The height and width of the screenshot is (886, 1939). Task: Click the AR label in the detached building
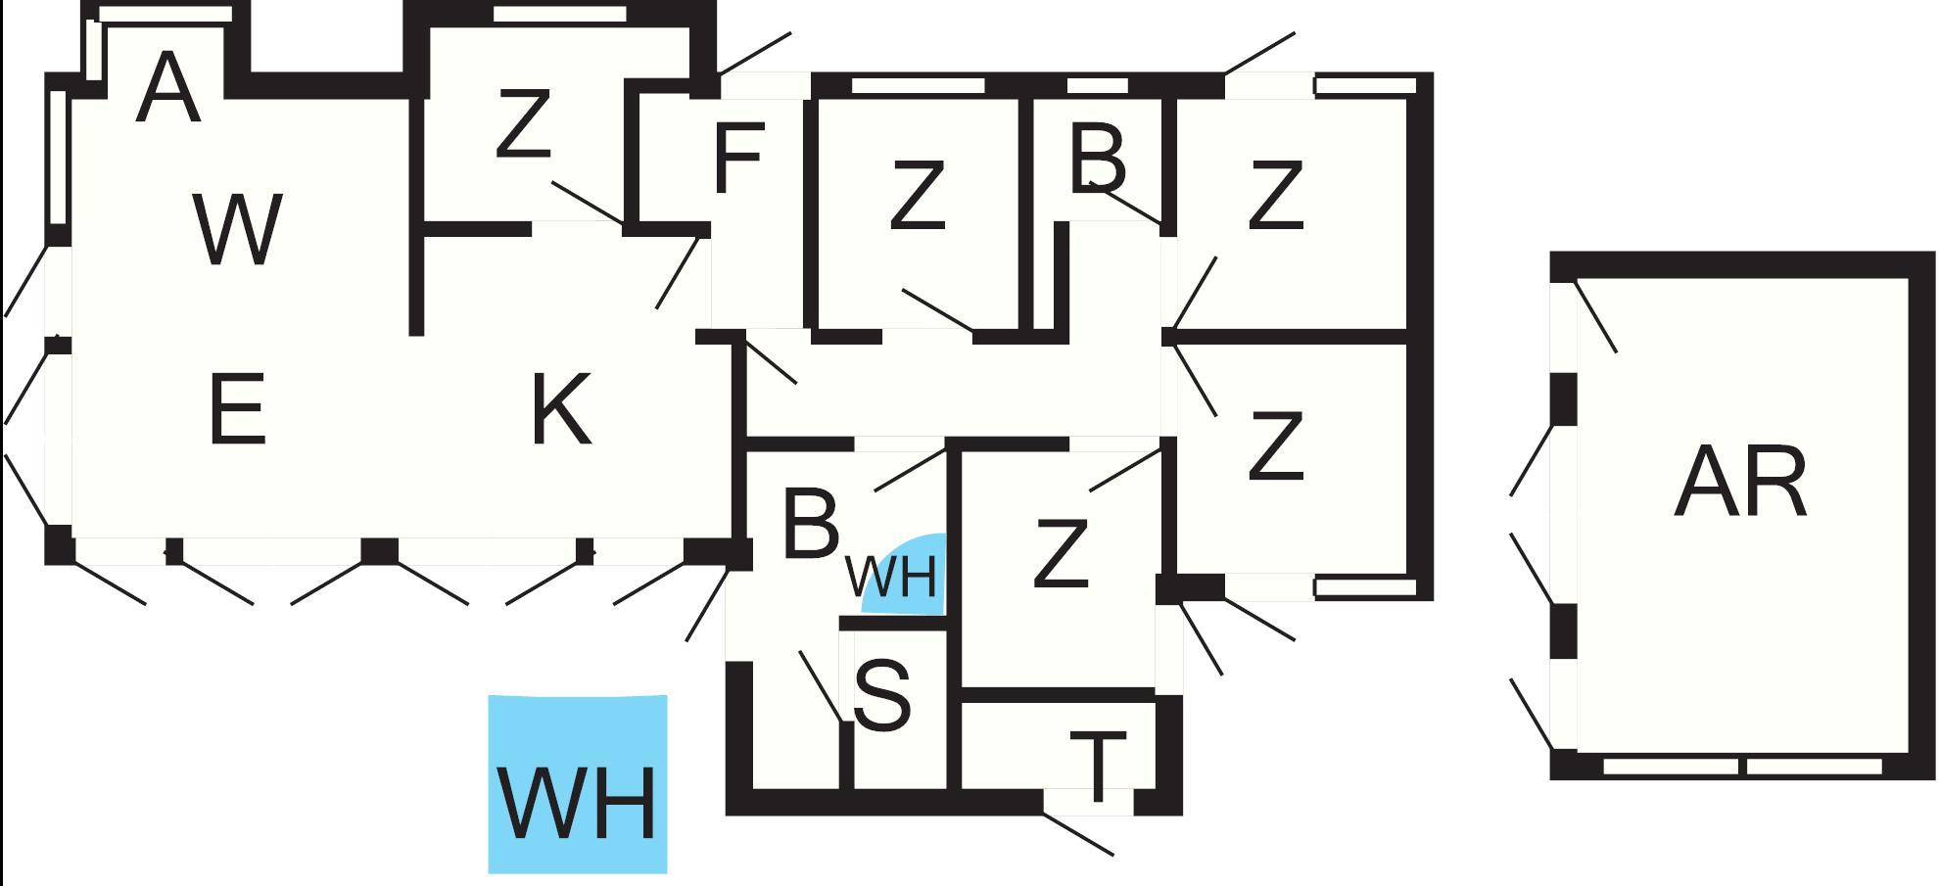[1739, 483]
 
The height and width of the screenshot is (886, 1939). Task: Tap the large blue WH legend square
[578, 783]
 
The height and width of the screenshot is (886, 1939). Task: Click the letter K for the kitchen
[561, 409]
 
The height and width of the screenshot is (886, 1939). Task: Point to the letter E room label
[237, 409]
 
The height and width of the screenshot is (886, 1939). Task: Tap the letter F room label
[737, 158]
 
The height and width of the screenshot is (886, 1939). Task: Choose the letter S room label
[882, 695]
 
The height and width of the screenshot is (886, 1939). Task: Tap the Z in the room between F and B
[917, 196]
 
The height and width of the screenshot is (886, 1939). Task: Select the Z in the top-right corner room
[1275, 196]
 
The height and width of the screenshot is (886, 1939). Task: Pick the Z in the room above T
[1061, 554]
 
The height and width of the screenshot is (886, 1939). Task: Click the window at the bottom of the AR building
[1742, 767]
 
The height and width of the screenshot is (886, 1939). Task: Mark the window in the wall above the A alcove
[166, 14]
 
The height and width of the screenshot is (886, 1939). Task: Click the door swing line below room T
[1077, 834]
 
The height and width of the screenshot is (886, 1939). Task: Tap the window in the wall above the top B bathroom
[1097, 86]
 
